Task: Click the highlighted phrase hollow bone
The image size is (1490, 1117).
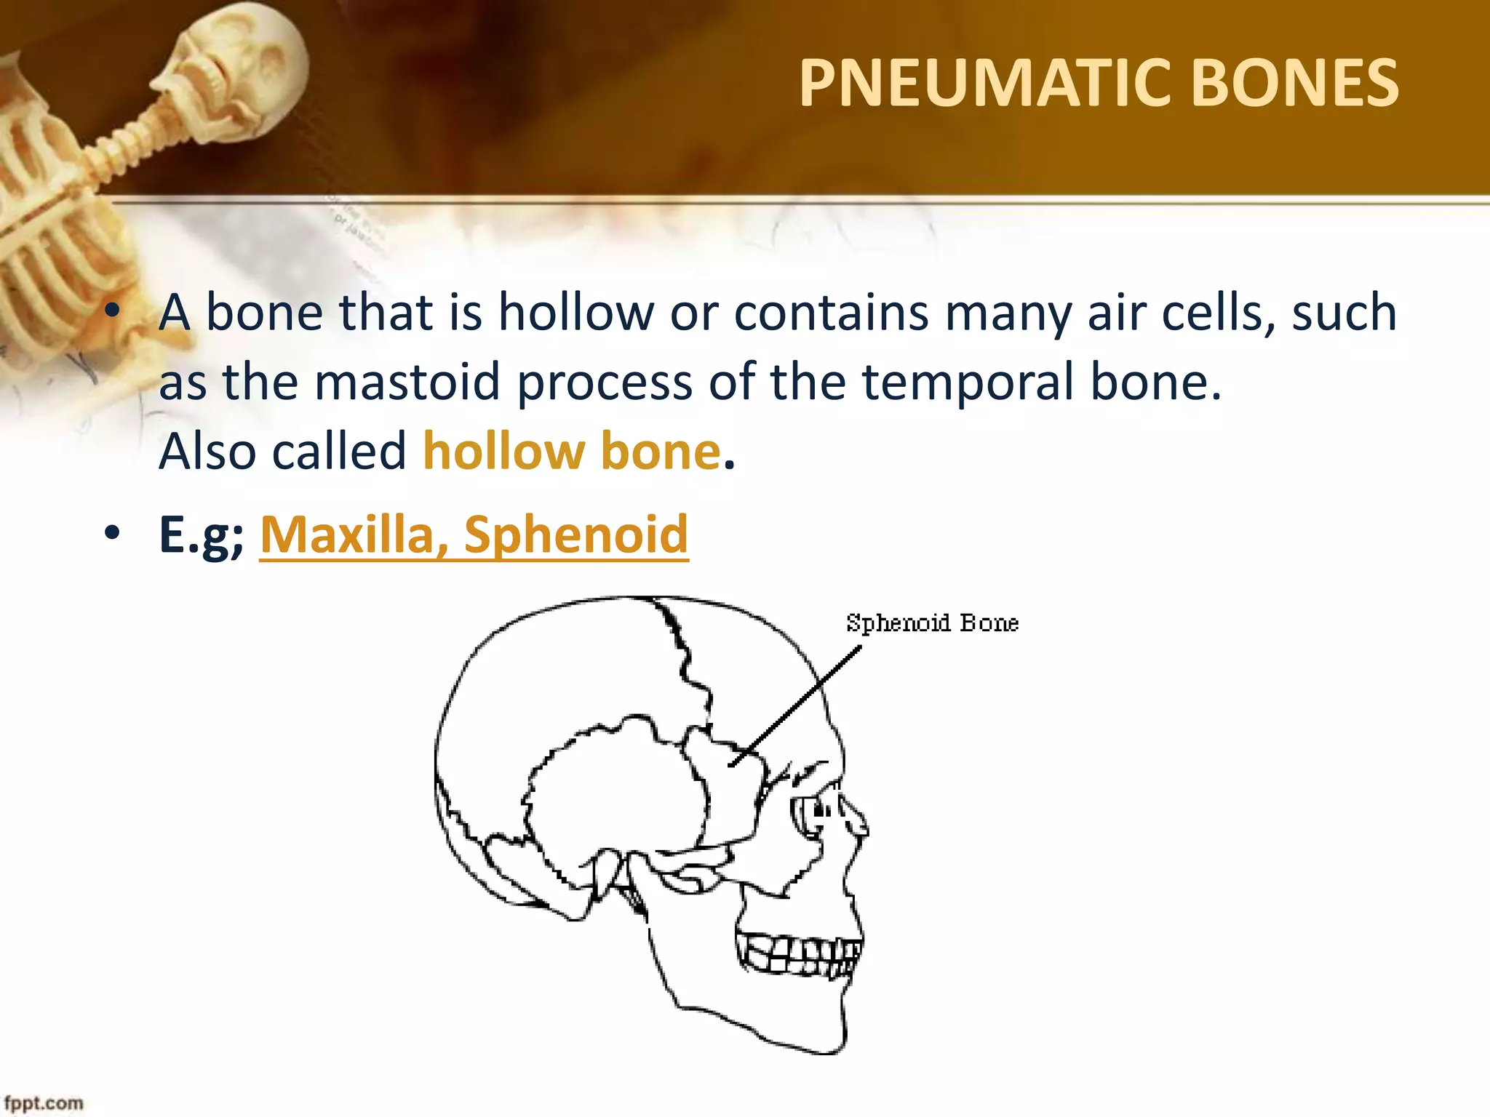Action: [x=572, y=451]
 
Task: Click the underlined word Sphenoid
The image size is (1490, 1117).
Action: [x=575, y=535]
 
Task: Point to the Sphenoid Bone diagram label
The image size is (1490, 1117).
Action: [x=932, y=623]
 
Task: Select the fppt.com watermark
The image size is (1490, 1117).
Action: [x=44, y=1102]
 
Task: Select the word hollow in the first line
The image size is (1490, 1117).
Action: [x=575, y=313]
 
